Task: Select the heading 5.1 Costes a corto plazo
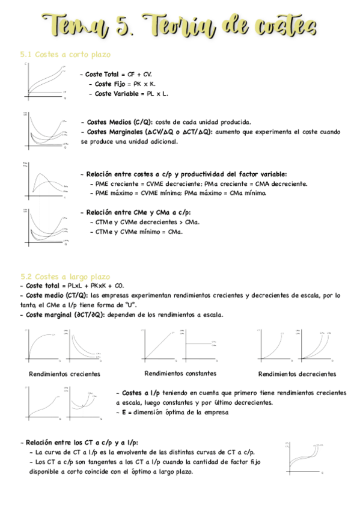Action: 66,55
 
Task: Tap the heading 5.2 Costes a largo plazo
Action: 66,277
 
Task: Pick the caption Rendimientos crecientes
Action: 64,374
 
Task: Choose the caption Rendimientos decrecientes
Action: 297,374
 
